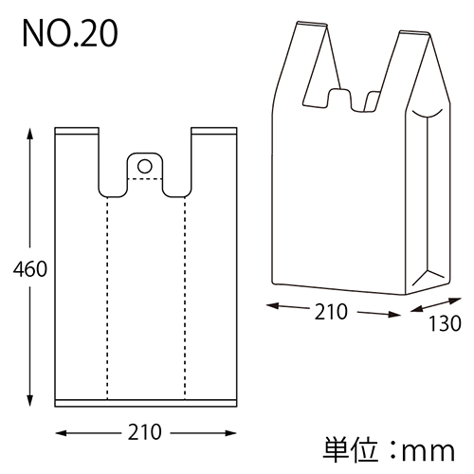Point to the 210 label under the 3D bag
coord(331,311)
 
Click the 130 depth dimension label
coord(443,323)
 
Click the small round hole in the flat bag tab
coord(145,167)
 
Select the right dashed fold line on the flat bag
coord(184,294)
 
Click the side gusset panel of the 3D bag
coord(428,199)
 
